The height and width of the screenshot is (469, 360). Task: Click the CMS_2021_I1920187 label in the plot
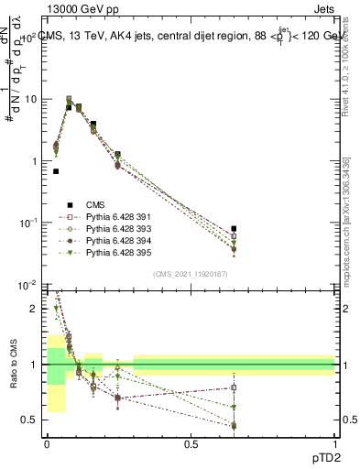click(190, 274)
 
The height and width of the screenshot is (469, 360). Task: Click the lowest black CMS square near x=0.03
click(57, 171)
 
